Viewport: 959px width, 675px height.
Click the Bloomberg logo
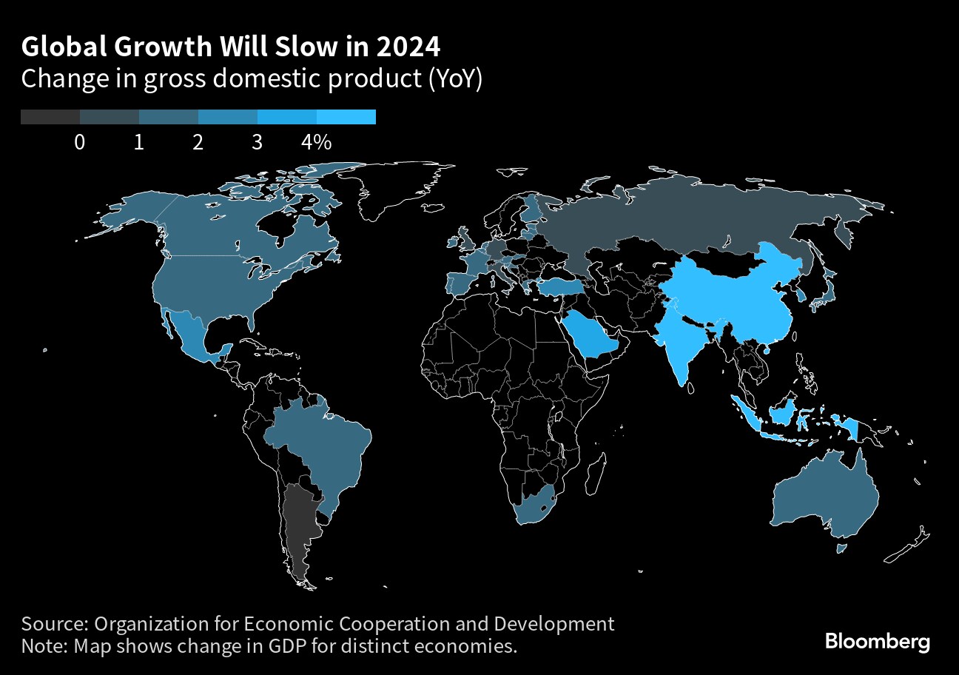pyautogui.click(x=877, y=641)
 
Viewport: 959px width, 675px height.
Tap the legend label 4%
pyautogui.click(x=316, y=143)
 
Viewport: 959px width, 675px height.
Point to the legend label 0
pyautogui.click(x=79, y=143)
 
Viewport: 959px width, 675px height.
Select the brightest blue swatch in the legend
pyautogui.click(x=346, y=117)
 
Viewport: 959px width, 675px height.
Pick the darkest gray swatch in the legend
pyautogui.click(x=50, y=117)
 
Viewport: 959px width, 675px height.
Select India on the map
pyautogui.click(x=684, y=340)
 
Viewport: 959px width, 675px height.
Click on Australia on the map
pyautogui.click(x=825, y=496)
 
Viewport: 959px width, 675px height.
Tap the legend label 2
pyautogui.click(x=198, y=143)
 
